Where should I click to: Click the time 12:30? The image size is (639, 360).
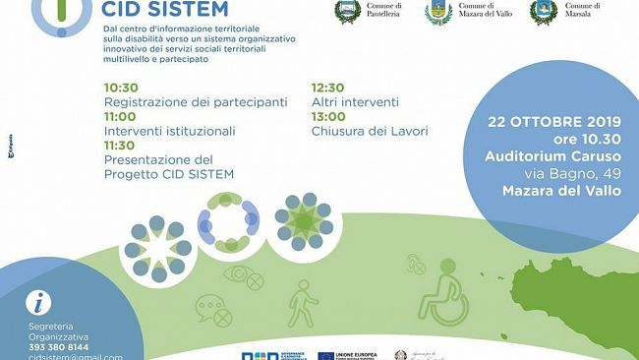coord(329,87)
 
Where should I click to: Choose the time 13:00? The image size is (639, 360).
coord(329,115)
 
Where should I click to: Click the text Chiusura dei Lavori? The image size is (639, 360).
coord(370,130)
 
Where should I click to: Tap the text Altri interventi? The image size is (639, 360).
coord(355,101)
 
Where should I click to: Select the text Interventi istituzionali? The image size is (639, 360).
coord(169,130)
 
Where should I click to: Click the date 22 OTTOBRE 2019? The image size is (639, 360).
coord(554,125)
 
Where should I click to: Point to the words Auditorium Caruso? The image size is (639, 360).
coord(553,156)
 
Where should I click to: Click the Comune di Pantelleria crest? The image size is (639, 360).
coord(347,12)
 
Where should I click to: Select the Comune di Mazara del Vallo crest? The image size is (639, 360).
coord(438,12)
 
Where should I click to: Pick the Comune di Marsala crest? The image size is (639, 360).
coord(543,12)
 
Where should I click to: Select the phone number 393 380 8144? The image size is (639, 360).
coord(59,347)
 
